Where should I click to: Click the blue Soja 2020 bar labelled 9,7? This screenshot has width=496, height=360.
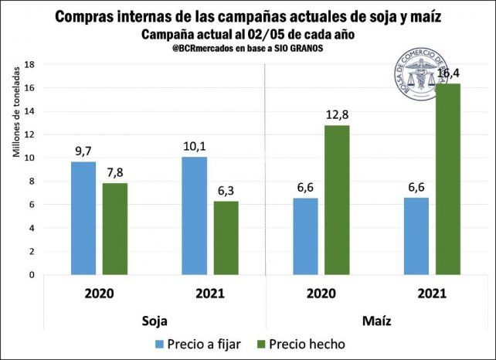[x=84, y=218]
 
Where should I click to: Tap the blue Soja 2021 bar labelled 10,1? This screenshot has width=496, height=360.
[x=194, y=216]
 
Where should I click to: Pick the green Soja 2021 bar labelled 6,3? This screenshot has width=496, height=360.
[x=226, y=238]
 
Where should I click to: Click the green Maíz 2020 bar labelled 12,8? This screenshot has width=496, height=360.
[x=337, y=199]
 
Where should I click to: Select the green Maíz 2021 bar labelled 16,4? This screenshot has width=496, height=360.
[x=448, y=179]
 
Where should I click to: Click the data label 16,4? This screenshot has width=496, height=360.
[x=449, y=73]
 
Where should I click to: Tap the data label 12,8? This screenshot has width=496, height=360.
[x=337, y=115]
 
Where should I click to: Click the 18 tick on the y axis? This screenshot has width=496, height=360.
[x=31, y=65]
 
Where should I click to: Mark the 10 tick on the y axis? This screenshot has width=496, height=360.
[x=31, y=158]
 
